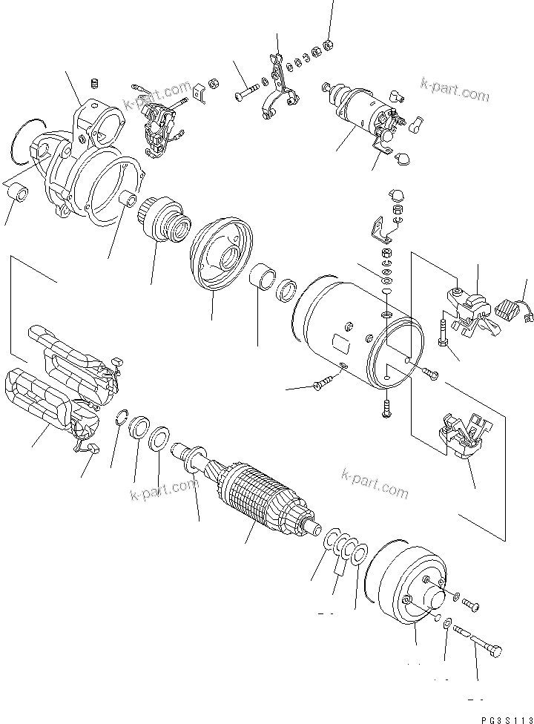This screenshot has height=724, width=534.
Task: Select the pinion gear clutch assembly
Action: (165, 216)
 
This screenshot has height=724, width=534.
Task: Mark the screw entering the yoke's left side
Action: (322, 384)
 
